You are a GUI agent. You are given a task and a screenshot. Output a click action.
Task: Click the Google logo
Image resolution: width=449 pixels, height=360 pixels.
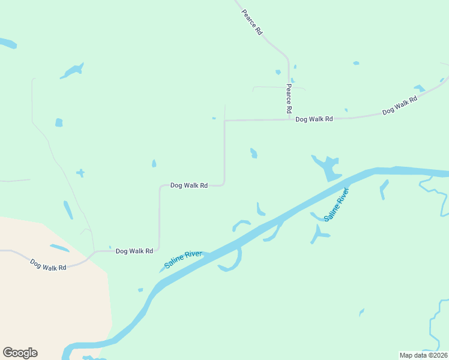(20, 353)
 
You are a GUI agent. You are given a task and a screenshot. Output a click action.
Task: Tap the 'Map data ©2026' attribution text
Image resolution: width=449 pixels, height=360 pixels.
(423, 355)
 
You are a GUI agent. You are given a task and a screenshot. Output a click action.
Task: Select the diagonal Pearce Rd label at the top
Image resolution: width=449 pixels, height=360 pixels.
(252, 22)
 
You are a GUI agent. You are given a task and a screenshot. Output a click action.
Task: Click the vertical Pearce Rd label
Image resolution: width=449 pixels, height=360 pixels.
(288, 98)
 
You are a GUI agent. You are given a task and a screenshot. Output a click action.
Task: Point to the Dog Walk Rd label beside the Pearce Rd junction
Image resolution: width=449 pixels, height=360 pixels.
(314, 119)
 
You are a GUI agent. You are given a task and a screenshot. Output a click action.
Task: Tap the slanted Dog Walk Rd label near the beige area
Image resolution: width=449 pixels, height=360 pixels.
(48, 264)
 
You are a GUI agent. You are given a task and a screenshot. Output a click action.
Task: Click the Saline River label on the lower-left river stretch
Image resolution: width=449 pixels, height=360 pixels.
(183, 260)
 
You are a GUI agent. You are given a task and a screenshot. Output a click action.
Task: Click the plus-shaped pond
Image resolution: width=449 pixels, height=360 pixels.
(80, 173)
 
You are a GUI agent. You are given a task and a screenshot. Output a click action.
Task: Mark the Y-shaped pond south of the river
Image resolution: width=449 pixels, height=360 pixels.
(318, 233)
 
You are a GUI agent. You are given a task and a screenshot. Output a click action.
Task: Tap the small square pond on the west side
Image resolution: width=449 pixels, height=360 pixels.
(59, 122)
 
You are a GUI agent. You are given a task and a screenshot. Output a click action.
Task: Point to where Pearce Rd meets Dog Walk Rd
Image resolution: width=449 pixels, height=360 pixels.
(289, 119)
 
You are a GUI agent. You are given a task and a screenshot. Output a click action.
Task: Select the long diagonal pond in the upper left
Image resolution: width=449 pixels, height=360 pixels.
(72, 71)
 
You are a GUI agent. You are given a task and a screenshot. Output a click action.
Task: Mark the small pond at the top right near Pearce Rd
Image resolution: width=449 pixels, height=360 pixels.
(356, 63)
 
